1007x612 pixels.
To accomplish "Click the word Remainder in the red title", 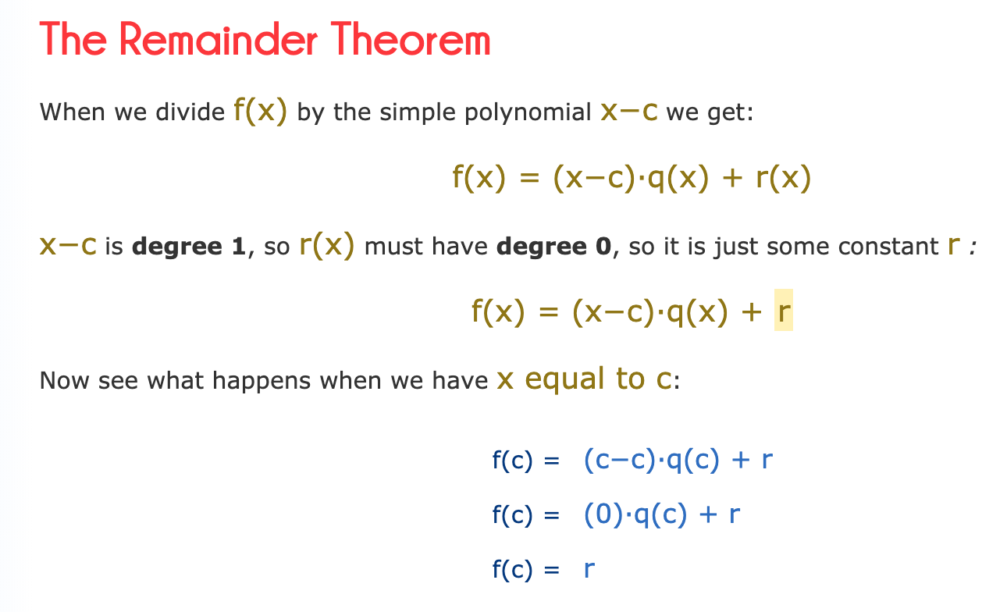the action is pos(219,39).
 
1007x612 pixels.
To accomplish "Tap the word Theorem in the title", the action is pos(411,39).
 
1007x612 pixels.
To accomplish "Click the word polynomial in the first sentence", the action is pos(528,112).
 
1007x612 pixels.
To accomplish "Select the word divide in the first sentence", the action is pos(190,112).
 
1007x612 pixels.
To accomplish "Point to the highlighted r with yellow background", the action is pos(784,310).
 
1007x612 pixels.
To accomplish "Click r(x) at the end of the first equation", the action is pos(784,178).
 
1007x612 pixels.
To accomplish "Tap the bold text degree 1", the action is pos(189,247).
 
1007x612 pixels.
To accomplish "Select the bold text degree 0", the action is pos(554,247).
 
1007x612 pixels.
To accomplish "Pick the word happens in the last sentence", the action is pos(262,381).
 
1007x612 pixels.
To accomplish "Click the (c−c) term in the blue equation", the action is pos(620,461).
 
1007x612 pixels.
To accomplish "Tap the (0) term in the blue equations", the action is pos(603,515).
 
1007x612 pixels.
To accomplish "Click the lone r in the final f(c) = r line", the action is pos(589,570).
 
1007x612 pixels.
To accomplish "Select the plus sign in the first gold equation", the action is pos(732,178).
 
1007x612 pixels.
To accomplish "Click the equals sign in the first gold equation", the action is pos(529,178).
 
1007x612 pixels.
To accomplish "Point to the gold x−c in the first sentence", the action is pos(629,112).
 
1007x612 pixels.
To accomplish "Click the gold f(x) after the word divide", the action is pos(260,111).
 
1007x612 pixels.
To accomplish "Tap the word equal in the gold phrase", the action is pos(564,380).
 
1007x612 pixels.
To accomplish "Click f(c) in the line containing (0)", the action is pos(512,515).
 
